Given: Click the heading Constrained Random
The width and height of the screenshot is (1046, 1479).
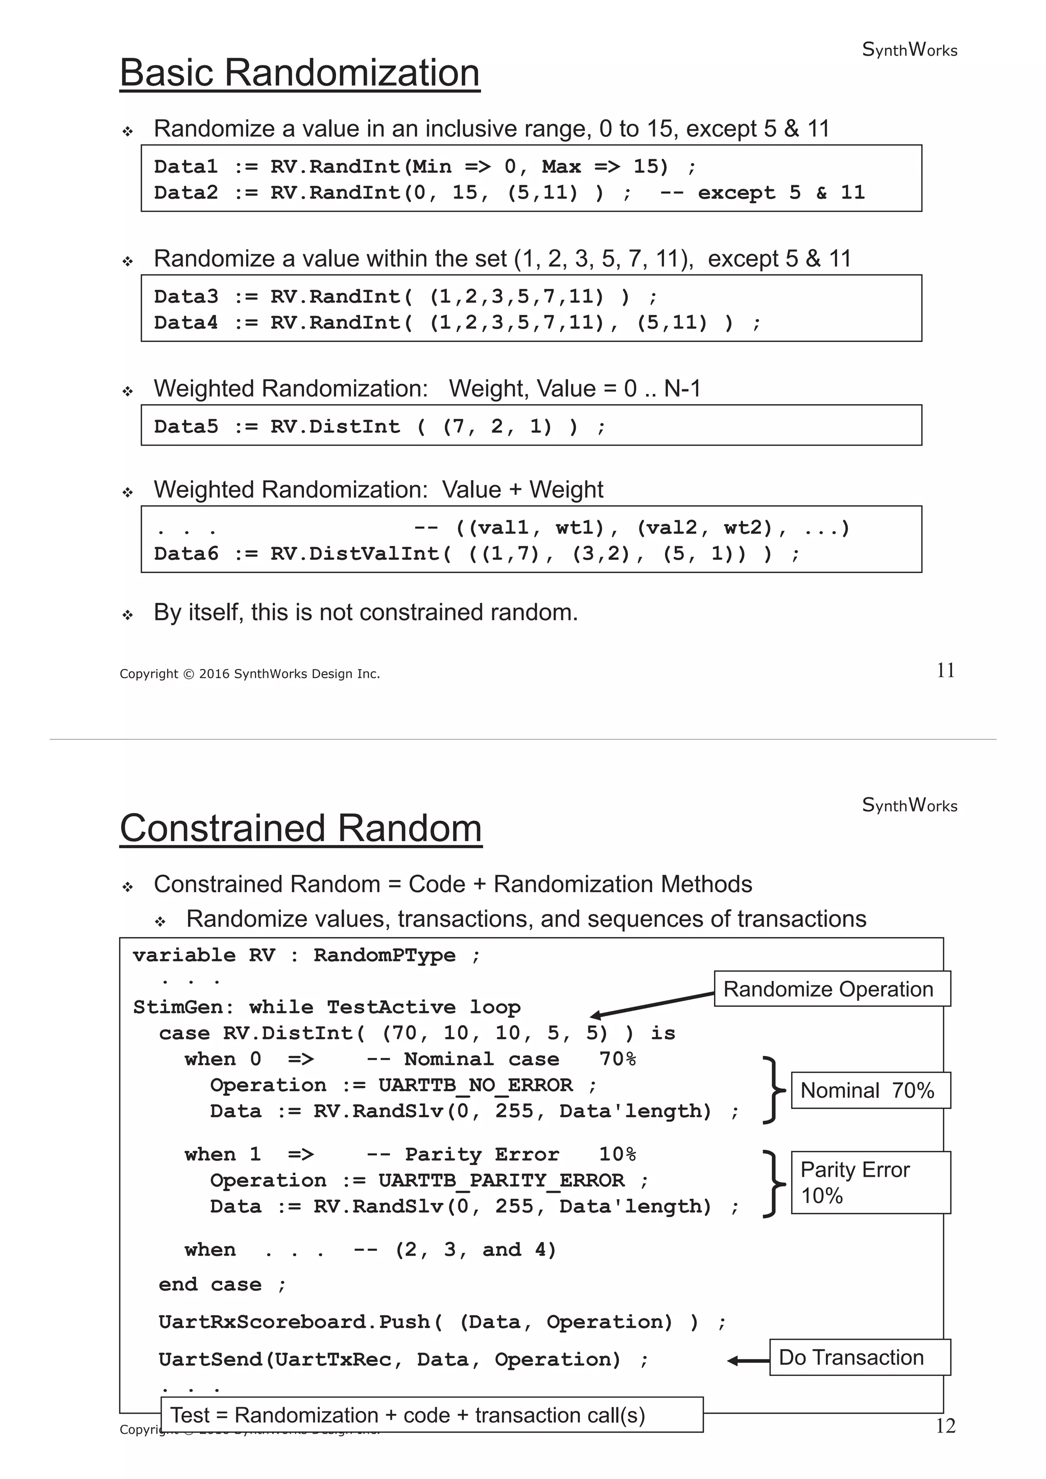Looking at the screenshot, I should [x=300, y=828].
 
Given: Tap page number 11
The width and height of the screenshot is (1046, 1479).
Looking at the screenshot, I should [x=945, y=671].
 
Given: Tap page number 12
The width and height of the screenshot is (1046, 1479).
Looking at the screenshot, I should [x=945, y=1426].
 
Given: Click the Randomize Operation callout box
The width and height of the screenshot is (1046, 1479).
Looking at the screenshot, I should [x=831, y=989].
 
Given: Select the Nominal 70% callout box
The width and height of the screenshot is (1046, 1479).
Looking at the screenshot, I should [x=870, y=1090].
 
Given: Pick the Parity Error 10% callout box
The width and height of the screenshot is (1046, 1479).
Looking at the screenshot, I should [x=870, y=1182].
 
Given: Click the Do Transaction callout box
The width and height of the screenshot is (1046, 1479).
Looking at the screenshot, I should [x=859, y=1357].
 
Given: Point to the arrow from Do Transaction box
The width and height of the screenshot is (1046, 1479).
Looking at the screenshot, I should [x=748, y=1361].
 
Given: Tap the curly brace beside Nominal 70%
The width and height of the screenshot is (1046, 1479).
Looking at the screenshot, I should [x=772, y=1090].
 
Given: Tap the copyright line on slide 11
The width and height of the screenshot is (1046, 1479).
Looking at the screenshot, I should [x=249, y=674].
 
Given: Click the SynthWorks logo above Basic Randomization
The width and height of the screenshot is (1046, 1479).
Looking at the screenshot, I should [x=909, y=50].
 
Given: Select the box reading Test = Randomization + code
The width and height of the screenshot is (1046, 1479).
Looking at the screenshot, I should [x=431, y=1415].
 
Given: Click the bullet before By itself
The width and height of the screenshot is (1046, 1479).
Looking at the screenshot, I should [x=128, y=614].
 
